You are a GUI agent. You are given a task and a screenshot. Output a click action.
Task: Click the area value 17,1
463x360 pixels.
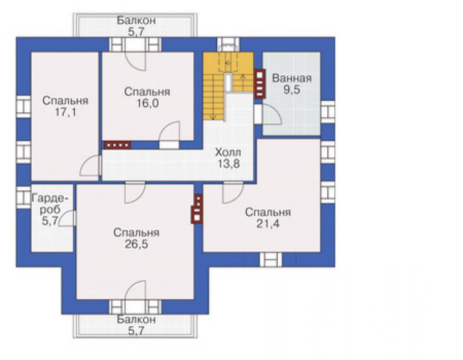click(66, 112)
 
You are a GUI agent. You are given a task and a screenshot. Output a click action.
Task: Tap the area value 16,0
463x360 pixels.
click(147, 103)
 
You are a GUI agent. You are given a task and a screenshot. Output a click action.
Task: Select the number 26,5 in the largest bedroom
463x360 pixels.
click(136, 244)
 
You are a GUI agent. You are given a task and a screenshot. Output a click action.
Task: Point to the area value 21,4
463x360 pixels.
click(268, 224)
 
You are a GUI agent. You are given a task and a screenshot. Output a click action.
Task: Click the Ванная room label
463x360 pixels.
click(292, 78)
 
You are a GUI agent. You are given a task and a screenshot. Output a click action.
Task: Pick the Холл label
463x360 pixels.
click(228, 153)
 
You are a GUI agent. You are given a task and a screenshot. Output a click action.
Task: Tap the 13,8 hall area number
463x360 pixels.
click(228, 163)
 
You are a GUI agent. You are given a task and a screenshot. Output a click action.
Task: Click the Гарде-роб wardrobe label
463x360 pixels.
click(50, 203)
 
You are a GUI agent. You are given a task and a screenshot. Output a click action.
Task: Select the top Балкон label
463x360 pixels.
click(136, 21)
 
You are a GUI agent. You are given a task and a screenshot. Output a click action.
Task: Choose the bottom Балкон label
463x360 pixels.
click(136, 319)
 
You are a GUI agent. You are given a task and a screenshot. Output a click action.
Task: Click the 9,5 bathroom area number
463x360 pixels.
click(292, 90)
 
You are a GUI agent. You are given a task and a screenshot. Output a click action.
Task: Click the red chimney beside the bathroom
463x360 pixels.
click(260, 84)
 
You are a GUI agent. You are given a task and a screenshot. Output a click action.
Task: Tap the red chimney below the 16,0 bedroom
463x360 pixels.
click(118, 145)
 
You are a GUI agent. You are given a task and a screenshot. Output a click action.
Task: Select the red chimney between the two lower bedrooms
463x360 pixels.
click(197, 208)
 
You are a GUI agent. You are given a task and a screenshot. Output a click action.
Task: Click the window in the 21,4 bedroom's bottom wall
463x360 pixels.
click(270, 259)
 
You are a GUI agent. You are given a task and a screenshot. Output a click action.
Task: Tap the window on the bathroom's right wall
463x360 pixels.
click(327, 112)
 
